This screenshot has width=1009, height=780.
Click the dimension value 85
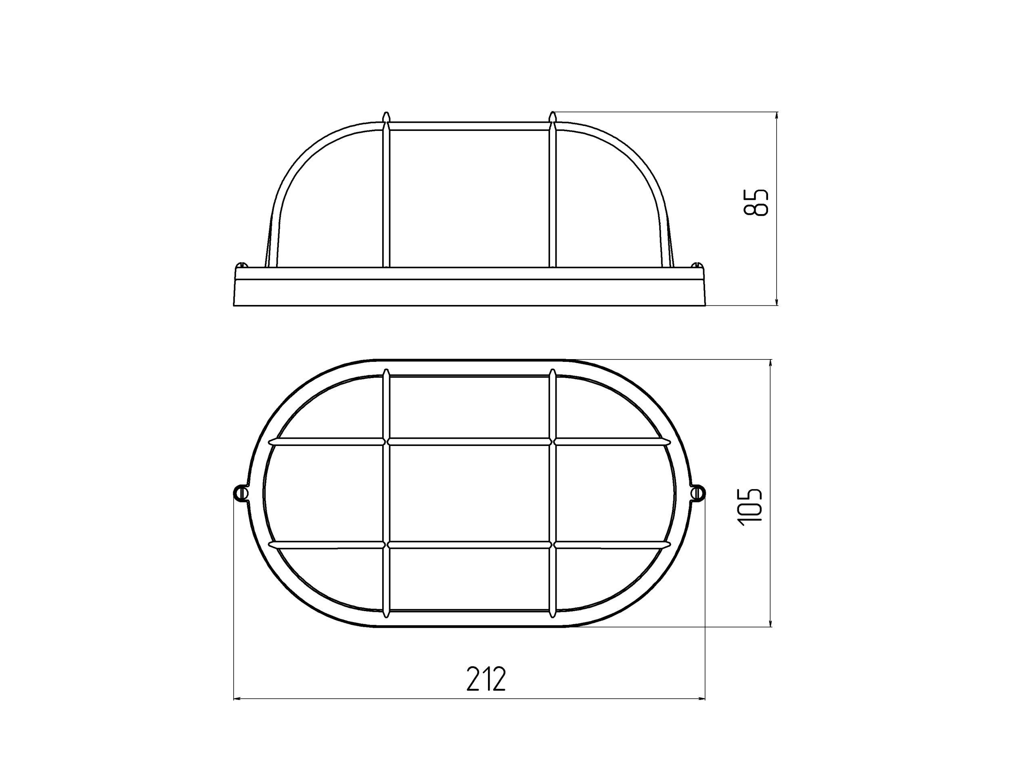click(756, 202)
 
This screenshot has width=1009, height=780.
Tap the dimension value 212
click(486, 678)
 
